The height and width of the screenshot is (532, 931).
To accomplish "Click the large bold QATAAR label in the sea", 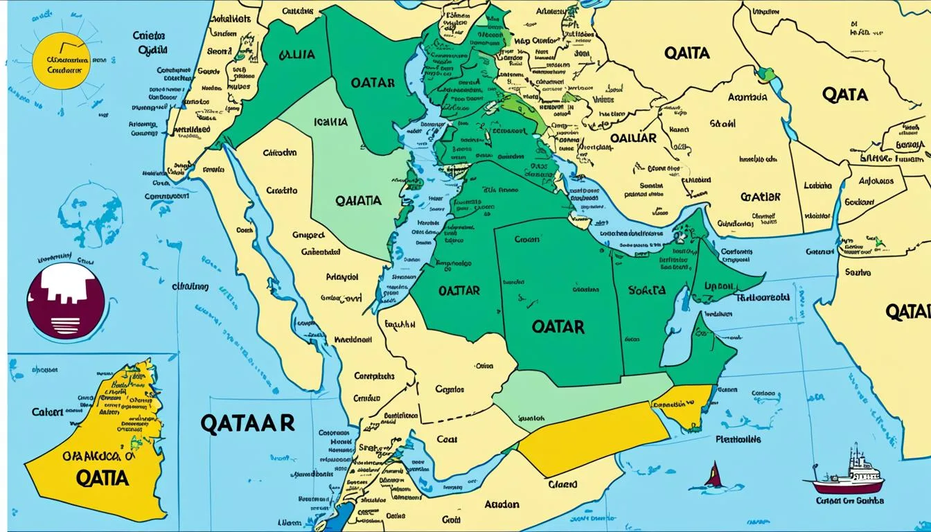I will tap(248, 423).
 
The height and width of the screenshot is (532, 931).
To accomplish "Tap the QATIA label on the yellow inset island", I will tap(102, 479).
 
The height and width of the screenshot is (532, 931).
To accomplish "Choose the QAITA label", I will tap(686, 53).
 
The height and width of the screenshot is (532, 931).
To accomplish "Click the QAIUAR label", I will tap(632, 138).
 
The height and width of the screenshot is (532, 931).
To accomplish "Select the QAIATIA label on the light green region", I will tap(357, 200).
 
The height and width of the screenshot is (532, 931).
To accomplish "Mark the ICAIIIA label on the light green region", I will tap(330, 122).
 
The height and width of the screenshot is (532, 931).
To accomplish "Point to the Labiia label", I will tap(817, 186).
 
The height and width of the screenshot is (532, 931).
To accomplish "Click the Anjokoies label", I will tap(876, 181).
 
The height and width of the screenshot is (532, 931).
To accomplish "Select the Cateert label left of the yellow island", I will tap(47, 411).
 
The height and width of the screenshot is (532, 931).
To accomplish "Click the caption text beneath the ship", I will tap(849, 500).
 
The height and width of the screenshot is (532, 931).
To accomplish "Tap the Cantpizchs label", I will tap(373, 376).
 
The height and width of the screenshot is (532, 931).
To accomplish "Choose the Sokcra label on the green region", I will tap(646, 290).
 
